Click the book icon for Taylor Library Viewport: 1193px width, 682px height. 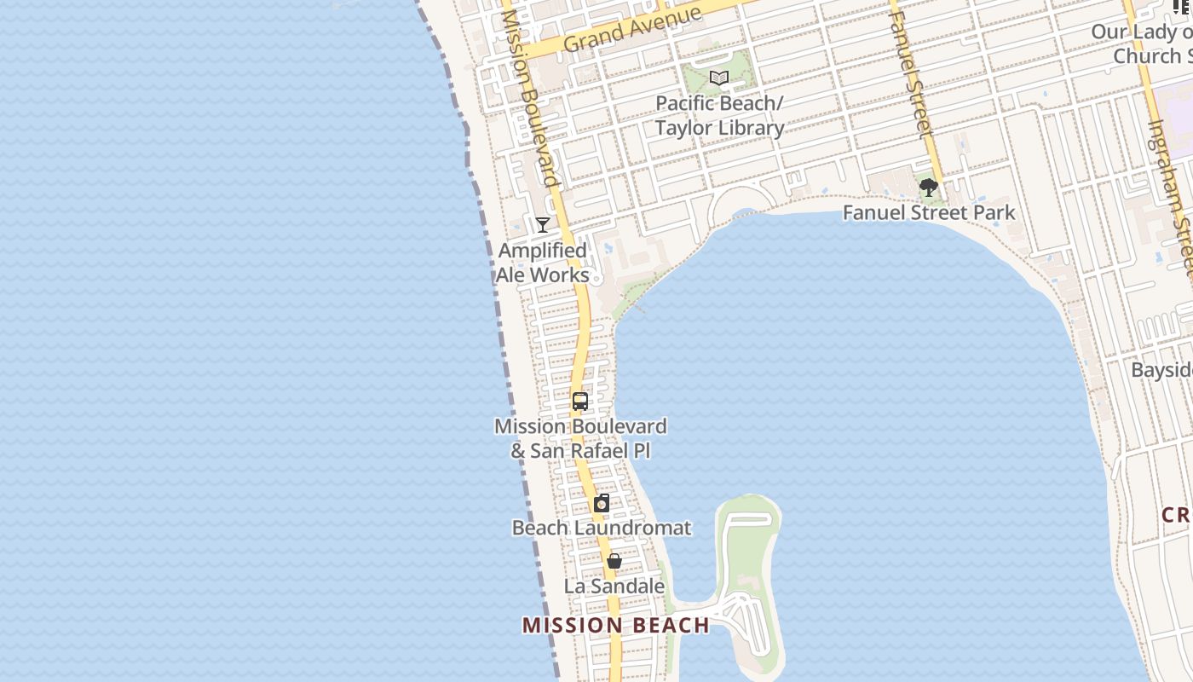pyautogui.click(x=719, y=78)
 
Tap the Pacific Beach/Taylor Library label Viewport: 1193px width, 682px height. pyautogui.click(x=719, y=116)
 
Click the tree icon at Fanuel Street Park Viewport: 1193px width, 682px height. pyautogui.click(x=929, y=187)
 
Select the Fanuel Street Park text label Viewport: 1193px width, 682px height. pyautogui.click(x=929, y=212)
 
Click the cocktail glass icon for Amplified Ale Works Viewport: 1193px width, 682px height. pyautogui.click(x=543, y=225)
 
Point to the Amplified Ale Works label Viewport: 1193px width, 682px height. pyautogui.click(x=543, y=263)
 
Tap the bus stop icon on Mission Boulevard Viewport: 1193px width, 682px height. pyautogui.click(x=580, y=401)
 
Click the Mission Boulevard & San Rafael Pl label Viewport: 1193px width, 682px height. pyautogui.click(x=580, y=438)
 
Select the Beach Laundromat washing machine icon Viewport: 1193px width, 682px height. pyautogui.click(x=602, y=503)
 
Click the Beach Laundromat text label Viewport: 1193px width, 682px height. pyautogui.click(x=602, y=528)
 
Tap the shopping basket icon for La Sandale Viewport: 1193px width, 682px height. pyautogui.click(x=614, y=561)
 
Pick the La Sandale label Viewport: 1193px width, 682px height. pyautogui.click(x=614, y=587)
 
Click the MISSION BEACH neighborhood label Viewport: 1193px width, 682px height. pyautogui.click(x=615, y=626)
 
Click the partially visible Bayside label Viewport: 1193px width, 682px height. pyautogui.click(x=1161, y=371)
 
